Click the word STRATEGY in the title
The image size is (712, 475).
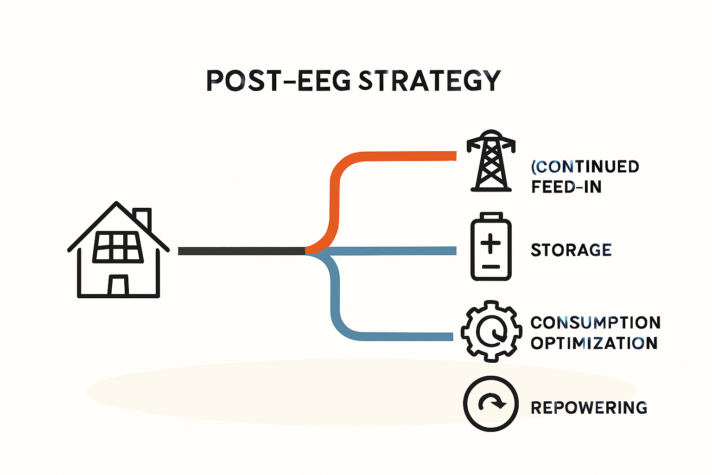430,81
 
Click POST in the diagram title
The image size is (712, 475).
243,81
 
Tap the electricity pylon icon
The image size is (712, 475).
491,160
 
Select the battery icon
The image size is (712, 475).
491,246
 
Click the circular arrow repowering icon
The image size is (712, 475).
491,404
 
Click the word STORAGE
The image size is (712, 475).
571,250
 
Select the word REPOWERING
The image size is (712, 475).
589,408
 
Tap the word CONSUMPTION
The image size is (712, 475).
595,322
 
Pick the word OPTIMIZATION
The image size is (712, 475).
594,343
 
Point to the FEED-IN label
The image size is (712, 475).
566,187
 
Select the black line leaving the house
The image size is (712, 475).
242,251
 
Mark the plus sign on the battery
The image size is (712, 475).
490,244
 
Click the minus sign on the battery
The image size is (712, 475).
491,267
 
